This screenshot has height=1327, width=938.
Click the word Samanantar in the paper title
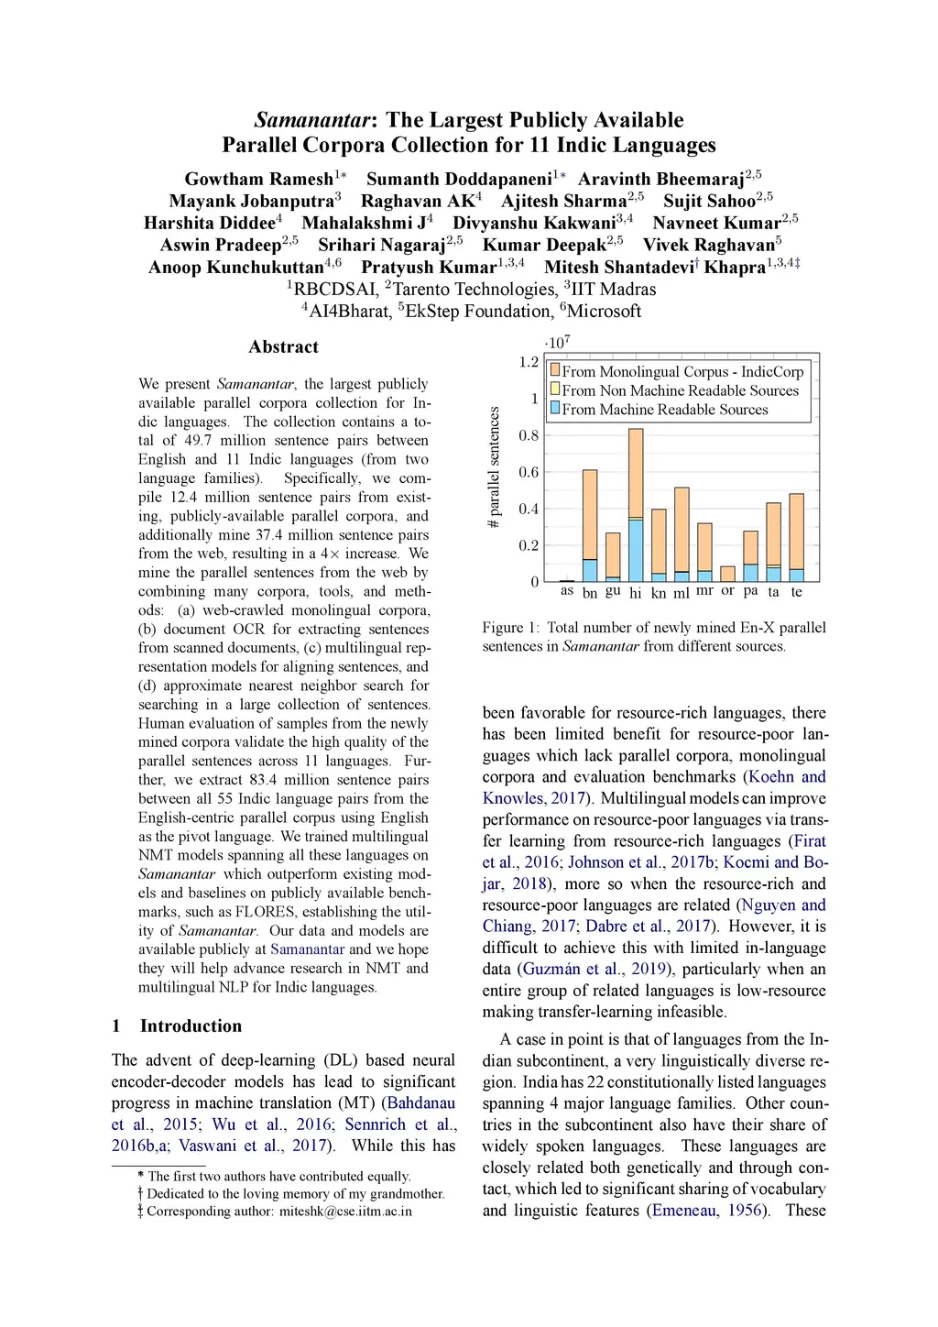click(314, 120)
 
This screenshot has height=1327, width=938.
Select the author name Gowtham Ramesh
click(258, 179)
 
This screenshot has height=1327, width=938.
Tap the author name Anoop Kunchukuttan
click(235, 267)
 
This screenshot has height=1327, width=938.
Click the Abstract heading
click(283, 346)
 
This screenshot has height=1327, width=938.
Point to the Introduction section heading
click(191, 1025)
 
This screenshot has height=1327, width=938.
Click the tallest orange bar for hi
click(636, 473)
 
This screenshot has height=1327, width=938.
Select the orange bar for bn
click(590, 514)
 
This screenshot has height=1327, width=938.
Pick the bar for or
click(727, 574)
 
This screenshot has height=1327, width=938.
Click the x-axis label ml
click(682, 593)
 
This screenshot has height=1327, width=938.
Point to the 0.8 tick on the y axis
click(529, 435)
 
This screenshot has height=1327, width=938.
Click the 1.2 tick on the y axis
click(529, 362)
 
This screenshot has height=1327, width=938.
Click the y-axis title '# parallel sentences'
click(494, 467)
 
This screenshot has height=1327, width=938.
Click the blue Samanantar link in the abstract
click(307, 949)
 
